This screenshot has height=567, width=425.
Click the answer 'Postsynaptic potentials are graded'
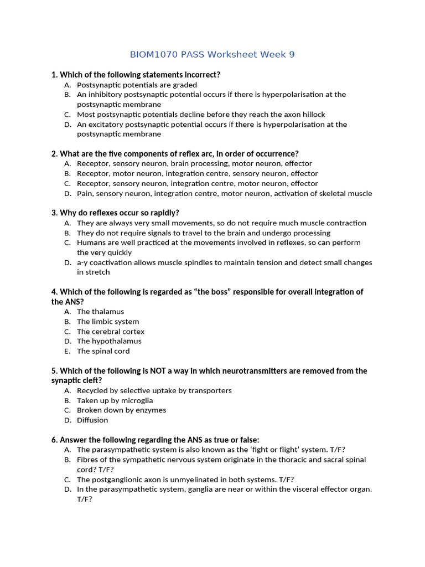[137, 85]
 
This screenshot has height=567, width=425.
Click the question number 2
[54, 154]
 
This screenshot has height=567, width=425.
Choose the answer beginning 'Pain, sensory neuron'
[224, 194]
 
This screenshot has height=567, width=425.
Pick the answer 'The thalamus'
[100, 312]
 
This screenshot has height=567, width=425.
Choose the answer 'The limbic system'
[108, 322]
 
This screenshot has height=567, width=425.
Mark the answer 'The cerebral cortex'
[111, 332]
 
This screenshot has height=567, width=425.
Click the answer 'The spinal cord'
[103, 351]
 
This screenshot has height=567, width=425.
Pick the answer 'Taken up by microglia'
[115, 400]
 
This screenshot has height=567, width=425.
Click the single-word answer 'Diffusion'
[92, 420]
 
